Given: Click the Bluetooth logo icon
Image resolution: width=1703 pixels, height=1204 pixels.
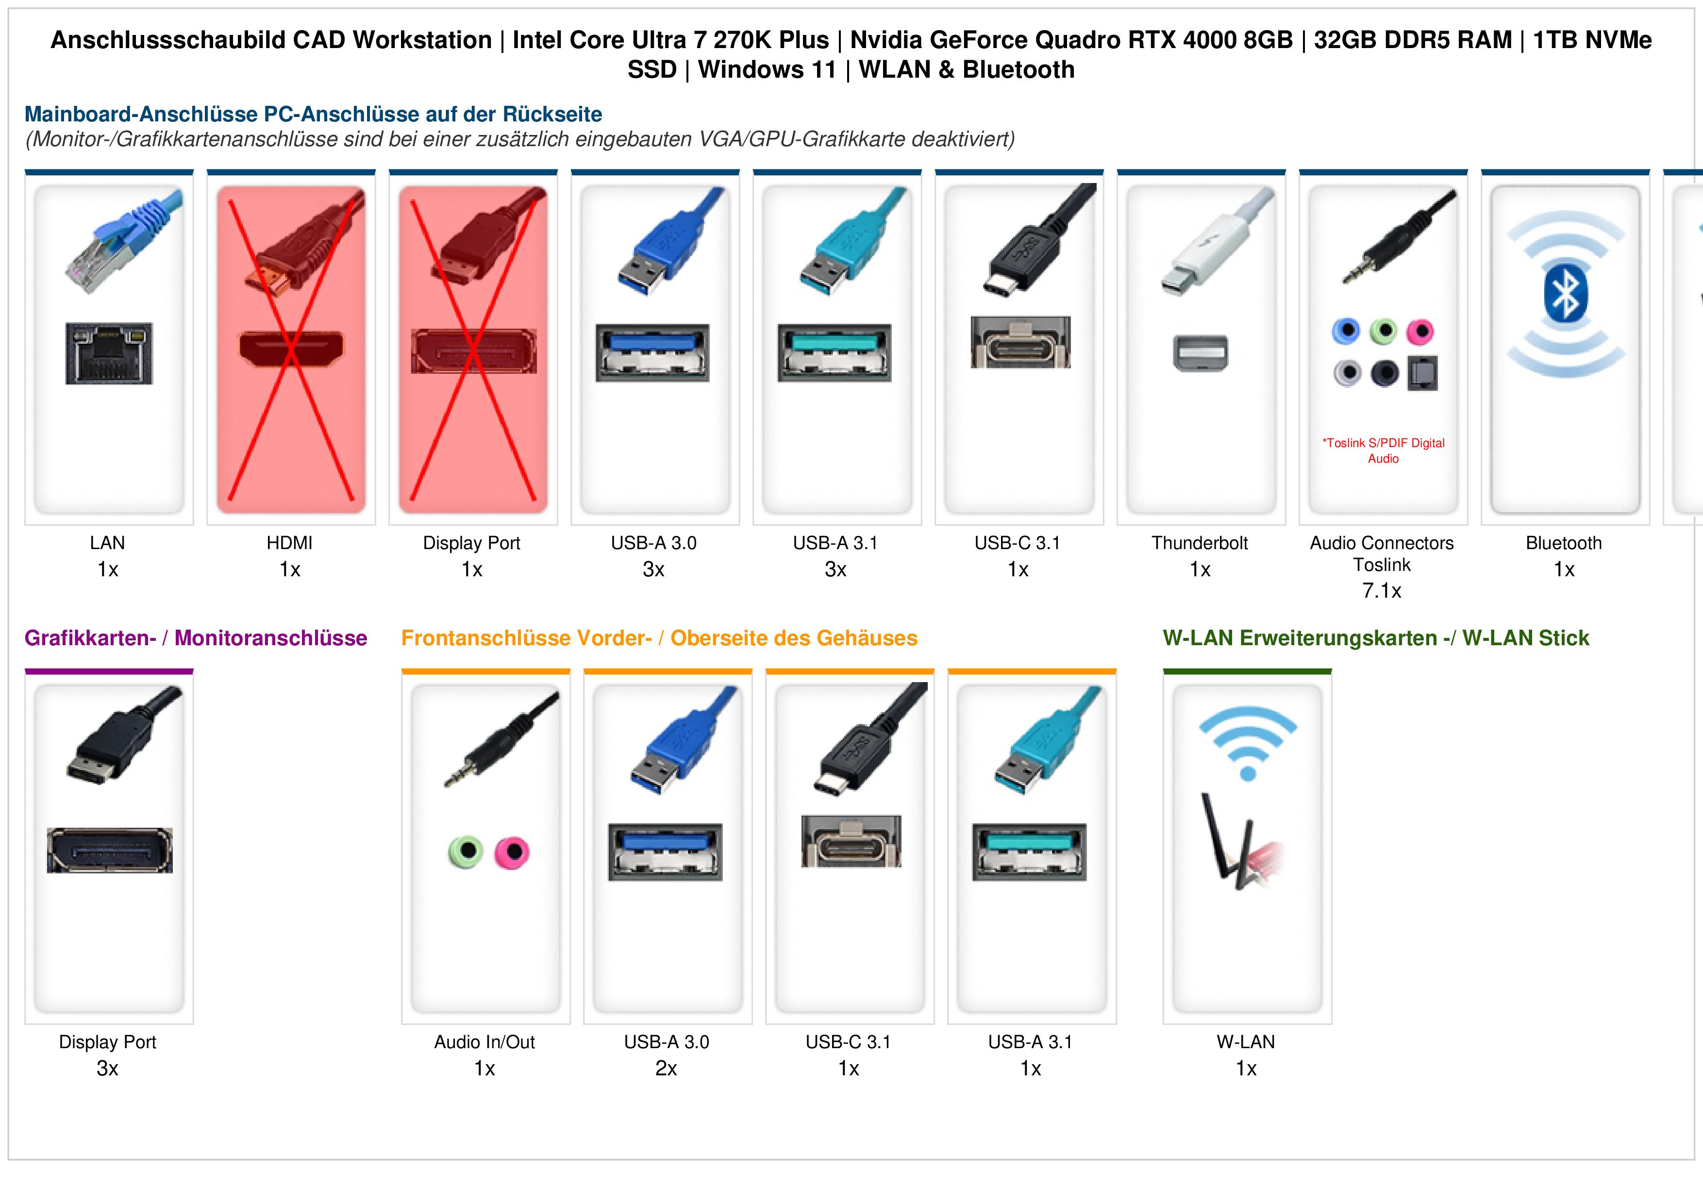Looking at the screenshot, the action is coord(1565,295).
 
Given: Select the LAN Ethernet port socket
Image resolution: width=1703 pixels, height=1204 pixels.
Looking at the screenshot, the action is coord(109,353).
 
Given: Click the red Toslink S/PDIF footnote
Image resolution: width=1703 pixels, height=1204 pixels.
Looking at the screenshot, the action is coord(1383,451).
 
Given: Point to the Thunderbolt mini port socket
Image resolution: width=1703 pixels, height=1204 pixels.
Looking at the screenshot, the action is coord(1201,353).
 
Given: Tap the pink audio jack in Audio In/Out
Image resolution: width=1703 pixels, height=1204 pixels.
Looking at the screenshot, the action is coord(512,852).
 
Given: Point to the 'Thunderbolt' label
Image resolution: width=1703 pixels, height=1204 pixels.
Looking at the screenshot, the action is coord(1200,543).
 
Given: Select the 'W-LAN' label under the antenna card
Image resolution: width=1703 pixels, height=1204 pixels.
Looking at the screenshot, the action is coord(1246,1042).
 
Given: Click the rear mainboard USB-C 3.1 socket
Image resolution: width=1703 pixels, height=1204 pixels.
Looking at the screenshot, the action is coord(1020,342).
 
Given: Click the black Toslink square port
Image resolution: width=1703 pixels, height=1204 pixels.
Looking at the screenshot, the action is coord(1422,373).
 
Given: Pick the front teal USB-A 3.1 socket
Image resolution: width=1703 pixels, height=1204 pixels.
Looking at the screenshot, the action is coord(1030,852).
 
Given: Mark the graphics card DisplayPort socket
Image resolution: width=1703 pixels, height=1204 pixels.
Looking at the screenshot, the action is coord(110,850).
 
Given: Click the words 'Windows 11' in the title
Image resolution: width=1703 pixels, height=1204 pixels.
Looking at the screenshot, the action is coord(768,70).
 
